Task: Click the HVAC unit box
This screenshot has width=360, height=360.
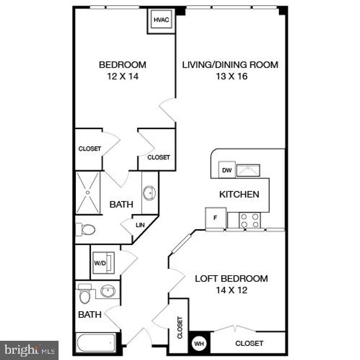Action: click(161, 21)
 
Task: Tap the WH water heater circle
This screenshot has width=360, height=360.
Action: click(199, 344)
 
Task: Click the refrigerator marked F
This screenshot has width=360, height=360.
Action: click(216, 218)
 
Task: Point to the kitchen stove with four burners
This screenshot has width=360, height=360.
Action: click(250, 220)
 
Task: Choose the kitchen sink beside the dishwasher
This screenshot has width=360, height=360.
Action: click(248, 170)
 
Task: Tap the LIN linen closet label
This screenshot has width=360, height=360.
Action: click(140, 225)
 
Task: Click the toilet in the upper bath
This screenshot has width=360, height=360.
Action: click(86, 229)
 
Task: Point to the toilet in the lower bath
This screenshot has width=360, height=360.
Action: click(84, 295)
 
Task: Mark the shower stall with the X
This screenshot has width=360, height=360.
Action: click(88, 193)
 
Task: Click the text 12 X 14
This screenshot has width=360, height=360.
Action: click(122, 76)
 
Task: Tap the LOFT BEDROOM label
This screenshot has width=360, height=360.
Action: click(232, 278)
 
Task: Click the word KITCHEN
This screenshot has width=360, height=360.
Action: click(239, 194)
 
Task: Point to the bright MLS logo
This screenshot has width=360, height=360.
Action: click(29, 350)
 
